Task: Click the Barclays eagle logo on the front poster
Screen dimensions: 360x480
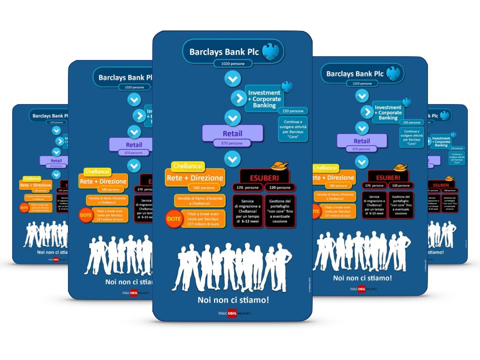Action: (x=270, y=52)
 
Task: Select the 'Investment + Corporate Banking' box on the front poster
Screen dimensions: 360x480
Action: (x=264, y=99)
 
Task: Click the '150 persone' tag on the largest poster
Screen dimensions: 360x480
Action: (x=292, y=111)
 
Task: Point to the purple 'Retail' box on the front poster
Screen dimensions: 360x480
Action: (x=232, y=134)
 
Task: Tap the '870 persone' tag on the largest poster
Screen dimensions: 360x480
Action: (x=232, y=143)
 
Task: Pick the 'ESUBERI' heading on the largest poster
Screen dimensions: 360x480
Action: (x=265, y=178)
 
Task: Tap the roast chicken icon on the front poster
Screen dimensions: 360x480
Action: (x=279, y=166)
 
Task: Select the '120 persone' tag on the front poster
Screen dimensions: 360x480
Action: (x=280, y=187)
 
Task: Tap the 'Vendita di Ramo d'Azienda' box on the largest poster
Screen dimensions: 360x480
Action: (x=199, y=201)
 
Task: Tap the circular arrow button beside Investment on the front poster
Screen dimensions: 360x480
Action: (x=239, y=98)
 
